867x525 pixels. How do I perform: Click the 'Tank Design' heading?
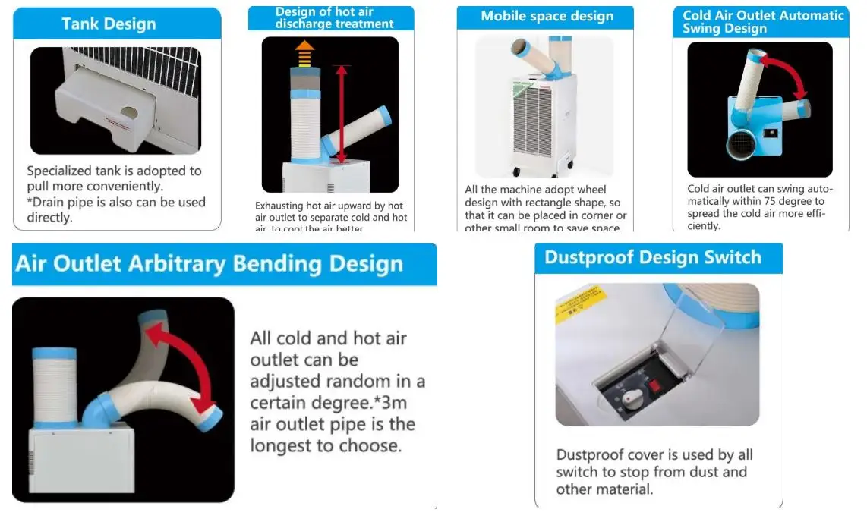click(109, 24)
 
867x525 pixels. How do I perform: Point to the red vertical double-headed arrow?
click(342, 113)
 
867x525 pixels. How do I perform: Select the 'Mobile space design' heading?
click(547, 16)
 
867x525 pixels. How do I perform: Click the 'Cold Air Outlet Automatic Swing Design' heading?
click(762, 22)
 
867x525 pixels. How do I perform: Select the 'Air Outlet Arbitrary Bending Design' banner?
click(210, 264)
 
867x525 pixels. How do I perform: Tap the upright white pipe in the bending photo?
click(55, 387)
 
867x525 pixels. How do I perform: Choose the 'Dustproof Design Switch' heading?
click(652, 257)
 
